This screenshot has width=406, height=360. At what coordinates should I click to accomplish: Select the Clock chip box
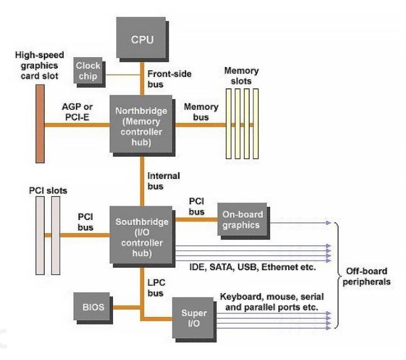(88, 70)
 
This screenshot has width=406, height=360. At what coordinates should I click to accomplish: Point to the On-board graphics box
(243, 220)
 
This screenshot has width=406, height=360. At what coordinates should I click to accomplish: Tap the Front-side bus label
(162, 79)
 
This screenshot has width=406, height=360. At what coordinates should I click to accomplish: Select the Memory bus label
(201, 112)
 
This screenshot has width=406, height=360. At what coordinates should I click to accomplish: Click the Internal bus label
(163, 181)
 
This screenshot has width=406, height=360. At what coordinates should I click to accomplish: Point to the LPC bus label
(156, 287)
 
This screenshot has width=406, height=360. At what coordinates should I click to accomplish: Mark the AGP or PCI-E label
(77, 112)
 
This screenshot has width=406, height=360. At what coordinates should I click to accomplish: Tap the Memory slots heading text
(241, 76)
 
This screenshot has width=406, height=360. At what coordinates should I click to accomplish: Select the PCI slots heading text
(47, 190)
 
